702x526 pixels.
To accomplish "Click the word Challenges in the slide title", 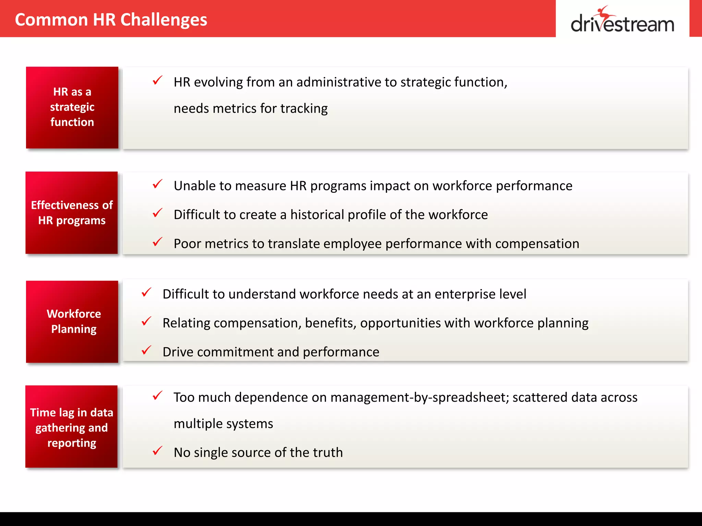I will point(164,20).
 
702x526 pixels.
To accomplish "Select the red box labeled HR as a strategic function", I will point(72,107).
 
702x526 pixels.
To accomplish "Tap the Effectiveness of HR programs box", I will point(72,213).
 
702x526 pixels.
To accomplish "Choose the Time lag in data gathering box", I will point(71,427).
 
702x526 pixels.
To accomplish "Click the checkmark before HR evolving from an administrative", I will point(157,80).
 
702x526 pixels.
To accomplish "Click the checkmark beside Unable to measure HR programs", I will point(157,184).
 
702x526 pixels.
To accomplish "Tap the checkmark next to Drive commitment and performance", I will point(146,350).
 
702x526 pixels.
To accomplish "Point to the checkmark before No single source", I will point(157,451).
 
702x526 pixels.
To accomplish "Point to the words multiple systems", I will point(223,424).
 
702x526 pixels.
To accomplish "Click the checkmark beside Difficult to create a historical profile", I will point(157,213).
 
